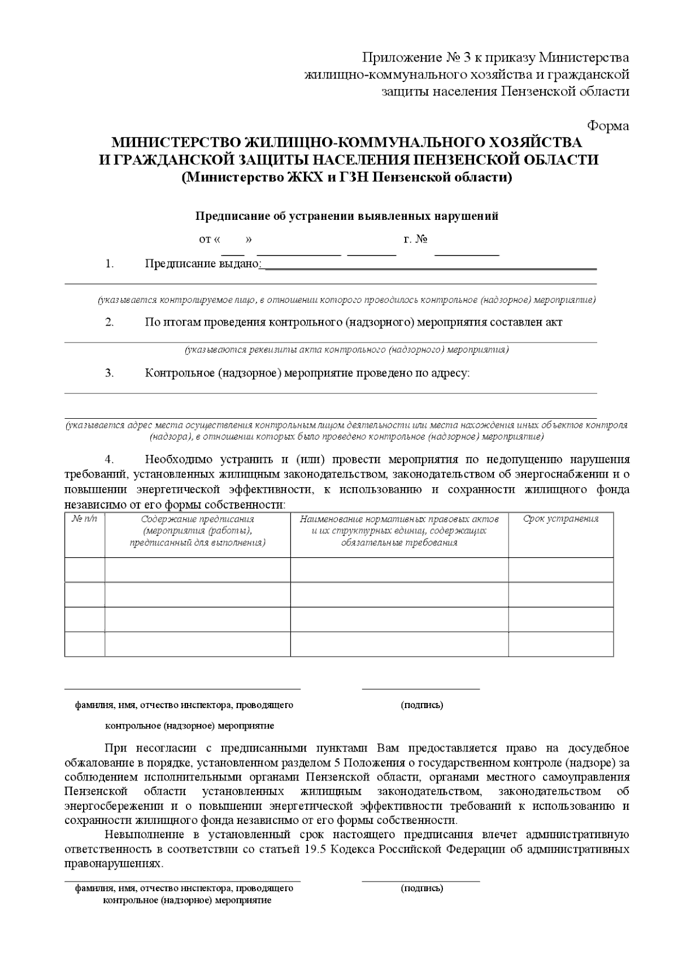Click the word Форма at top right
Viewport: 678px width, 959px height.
(608, 125)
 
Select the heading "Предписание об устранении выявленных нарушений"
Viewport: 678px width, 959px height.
(347, 216)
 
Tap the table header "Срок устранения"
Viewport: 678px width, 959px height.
(560, 519)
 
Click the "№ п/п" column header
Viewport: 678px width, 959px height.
(85, 519)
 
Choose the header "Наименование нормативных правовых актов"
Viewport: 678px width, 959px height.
(399, 519)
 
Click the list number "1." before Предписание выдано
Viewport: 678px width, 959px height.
(109, 263)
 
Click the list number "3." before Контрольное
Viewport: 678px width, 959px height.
(109, 373)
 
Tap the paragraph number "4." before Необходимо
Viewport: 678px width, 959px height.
(109, 459)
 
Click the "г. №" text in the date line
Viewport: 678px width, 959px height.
(415, 239)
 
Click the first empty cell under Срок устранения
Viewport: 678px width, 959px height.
(560, 570)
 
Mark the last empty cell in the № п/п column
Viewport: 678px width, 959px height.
(85, 644)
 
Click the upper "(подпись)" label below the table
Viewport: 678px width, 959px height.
(421, 705)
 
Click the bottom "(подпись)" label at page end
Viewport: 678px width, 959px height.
(421, 888)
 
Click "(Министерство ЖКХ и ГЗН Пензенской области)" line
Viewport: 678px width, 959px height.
(347, 177)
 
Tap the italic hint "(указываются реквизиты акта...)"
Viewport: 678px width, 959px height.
(347, 350)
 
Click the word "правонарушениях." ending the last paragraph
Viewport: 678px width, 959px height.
(114, 864)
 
